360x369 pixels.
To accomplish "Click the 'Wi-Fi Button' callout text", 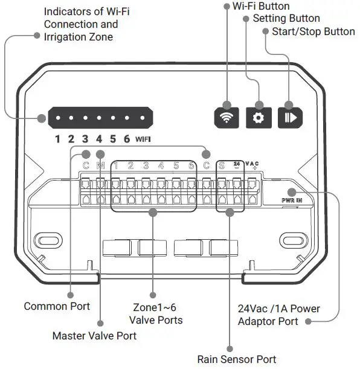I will coord(260,6).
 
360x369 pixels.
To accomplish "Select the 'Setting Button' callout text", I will coord(286,19).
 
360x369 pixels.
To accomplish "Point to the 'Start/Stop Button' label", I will coord(313,31).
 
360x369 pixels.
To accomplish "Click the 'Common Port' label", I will coord(57,306).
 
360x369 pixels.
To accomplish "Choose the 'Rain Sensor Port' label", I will coord(237,359).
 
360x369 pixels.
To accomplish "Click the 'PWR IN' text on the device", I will coord(292,199).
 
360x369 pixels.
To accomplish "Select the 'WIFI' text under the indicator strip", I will coord(143,140).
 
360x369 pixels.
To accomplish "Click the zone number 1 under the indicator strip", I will coord(58,140).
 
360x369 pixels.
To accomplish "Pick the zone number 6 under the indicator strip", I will coord(126,140).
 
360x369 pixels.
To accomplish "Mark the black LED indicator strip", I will coord(99,117).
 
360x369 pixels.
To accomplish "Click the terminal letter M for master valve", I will coord(100,165).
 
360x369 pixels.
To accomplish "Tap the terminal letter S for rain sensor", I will coord(222,165).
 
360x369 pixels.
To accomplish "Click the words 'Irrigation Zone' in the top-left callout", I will coord(79,37).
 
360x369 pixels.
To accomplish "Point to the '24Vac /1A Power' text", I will coord(278,309).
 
